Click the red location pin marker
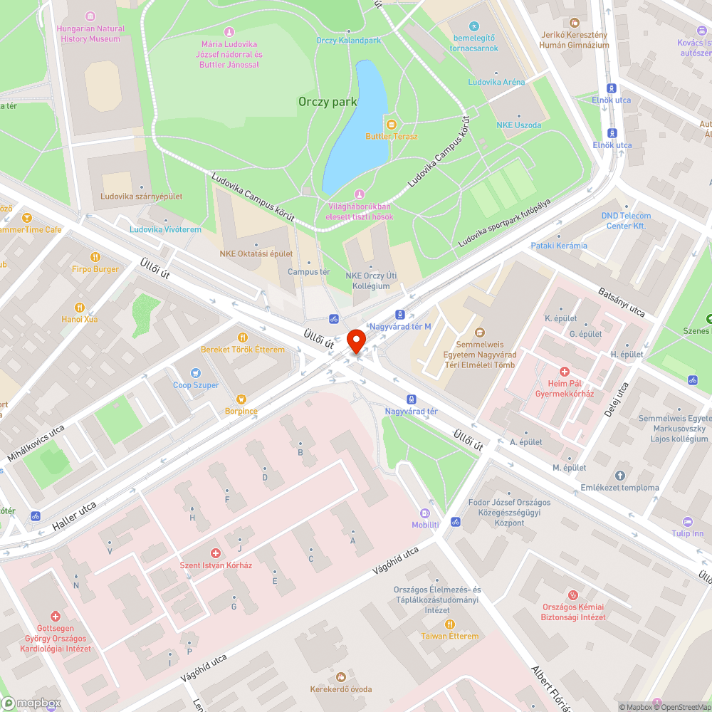click(356, 340)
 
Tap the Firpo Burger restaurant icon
click(95, 257)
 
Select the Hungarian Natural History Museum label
click(90, 33)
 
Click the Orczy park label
click(328, 102)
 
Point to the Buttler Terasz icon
click(391, 124)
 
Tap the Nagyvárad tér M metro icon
click(400, 314)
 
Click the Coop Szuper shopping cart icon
click(196, 372)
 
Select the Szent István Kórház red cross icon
click(216, 553)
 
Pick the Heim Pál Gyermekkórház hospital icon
click(565, 372)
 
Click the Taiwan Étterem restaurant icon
click(449, 624)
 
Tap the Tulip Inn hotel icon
click(687, 521)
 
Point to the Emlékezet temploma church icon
click(619, 476)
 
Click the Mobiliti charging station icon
click(425, 513)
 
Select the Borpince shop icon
click(241, 399)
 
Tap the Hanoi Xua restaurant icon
click(80, 307)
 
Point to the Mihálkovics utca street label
click(36, 442)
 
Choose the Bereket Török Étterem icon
click(242, 337)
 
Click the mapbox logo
click(31, 703)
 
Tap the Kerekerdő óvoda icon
click(340, 677)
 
